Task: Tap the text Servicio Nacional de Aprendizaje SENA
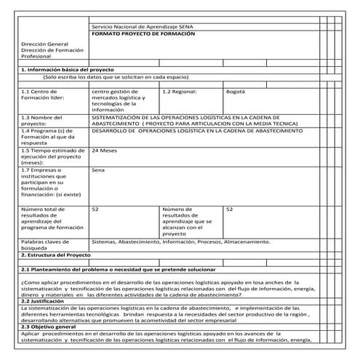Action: coord(143,27)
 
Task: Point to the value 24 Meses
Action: coord(105,151)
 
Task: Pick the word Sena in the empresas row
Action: coord(97,169)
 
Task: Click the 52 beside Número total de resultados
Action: coord(95,209)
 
